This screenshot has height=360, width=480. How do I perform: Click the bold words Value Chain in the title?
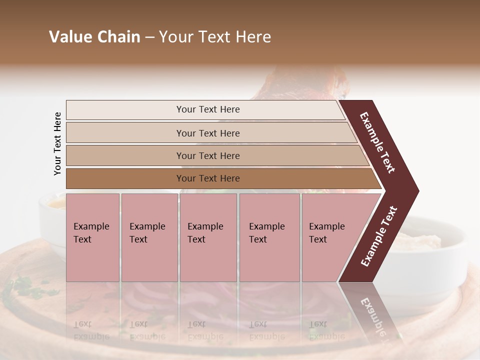pyautogui.click(x=94, y=37)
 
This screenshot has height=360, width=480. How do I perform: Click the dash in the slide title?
pyautogui.click(x=149, y=37)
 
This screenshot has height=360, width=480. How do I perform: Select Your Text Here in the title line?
pyautogui.click(x=215, y=37)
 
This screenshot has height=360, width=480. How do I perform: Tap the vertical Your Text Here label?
pyautogui.click(x=57, y=143)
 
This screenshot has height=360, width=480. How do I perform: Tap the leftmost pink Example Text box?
pyautogui.click(x=92, y=237)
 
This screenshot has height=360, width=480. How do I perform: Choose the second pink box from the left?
pyautogui.click(x=149, y=237)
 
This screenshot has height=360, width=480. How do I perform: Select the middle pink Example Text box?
pyautogui.click(x=208, y=237)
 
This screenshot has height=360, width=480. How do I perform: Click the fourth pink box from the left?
pyautogui.click(x=269, y=237)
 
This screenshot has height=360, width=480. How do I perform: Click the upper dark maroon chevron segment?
pyautogui.click(x=378, y=142)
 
